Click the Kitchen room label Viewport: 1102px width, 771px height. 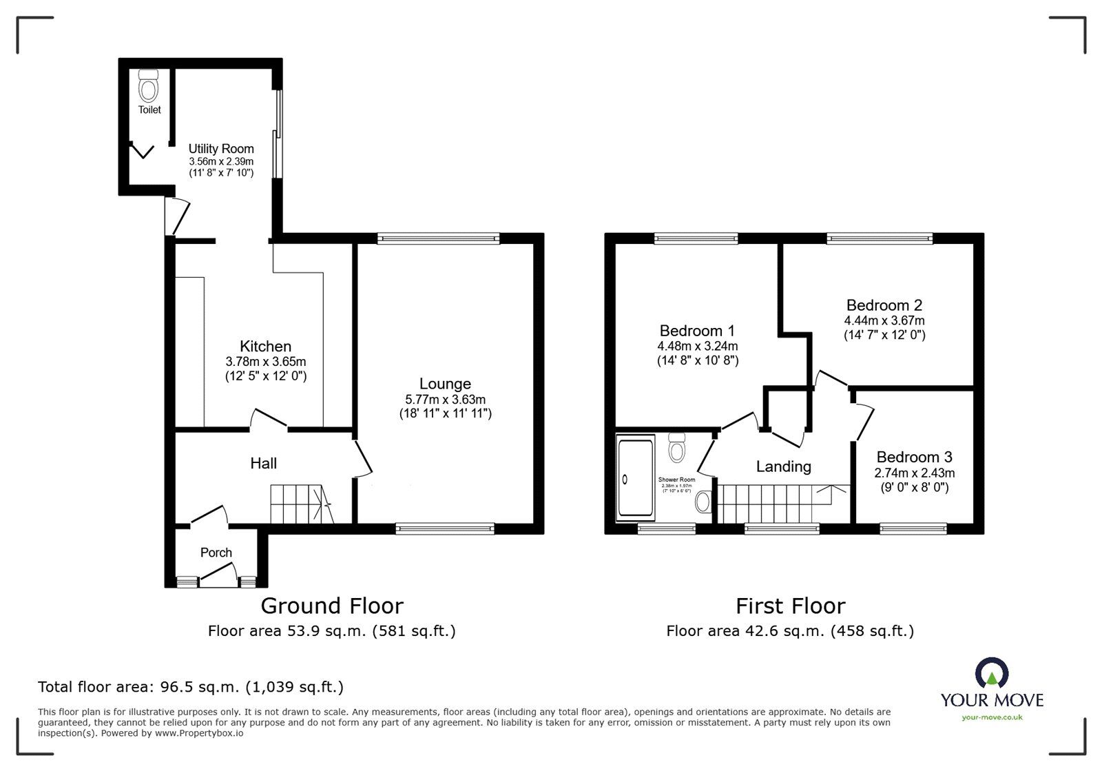click(265, 347)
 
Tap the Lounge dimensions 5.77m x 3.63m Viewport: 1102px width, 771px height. click(445, 400)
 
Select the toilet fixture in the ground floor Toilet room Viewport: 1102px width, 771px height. click(148, 88)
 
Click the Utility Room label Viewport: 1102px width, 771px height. click(221, 149)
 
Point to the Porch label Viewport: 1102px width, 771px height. click(216, 553)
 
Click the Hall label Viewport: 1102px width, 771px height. click(263, 464)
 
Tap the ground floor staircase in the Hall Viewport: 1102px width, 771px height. click(300, 504)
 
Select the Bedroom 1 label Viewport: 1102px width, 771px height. click(697, 331)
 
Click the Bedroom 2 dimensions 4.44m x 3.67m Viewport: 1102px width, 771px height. click(884, 320)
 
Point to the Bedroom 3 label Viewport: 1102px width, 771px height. click(914, 458)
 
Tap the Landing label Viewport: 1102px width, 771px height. click(783, 467)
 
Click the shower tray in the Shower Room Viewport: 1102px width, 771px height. click(636, 478)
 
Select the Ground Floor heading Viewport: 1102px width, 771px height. click(331, 606)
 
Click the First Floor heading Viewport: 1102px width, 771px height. click(790, 606)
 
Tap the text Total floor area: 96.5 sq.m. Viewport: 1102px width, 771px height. click(190, 687)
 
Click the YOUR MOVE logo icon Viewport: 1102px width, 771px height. click(991, 672)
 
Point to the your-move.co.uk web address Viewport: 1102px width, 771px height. click(992, 717)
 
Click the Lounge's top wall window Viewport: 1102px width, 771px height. click(438, 238)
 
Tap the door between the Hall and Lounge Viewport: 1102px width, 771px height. click(362, 458)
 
